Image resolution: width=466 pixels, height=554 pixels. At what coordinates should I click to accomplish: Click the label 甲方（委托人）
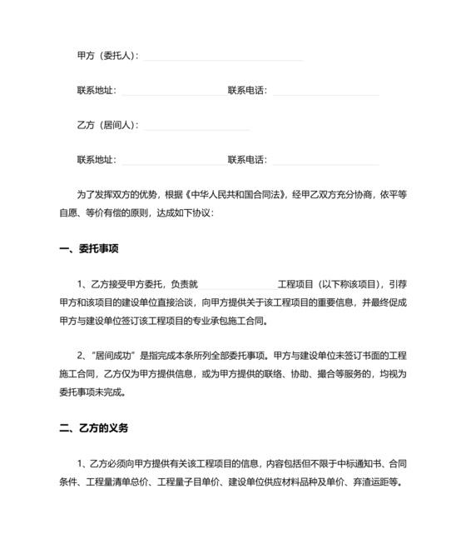[107, 56]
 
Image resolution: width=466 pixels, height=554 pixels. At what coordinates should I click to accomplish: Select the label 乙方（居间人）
[107, 125]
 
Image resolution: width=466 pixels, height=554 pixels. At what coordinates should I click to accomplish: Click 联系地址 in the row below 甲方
[97, 90]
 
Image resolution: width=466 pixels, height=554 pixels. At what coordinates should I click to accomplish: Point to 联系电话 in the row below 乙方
[247, 159]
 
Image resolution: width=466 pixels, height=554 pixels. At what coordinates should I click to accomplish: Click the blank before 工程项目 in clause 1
[237, 285]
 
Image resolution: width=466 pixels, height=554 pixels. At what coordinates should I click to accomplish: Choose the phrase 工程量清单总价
[124, 482]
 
